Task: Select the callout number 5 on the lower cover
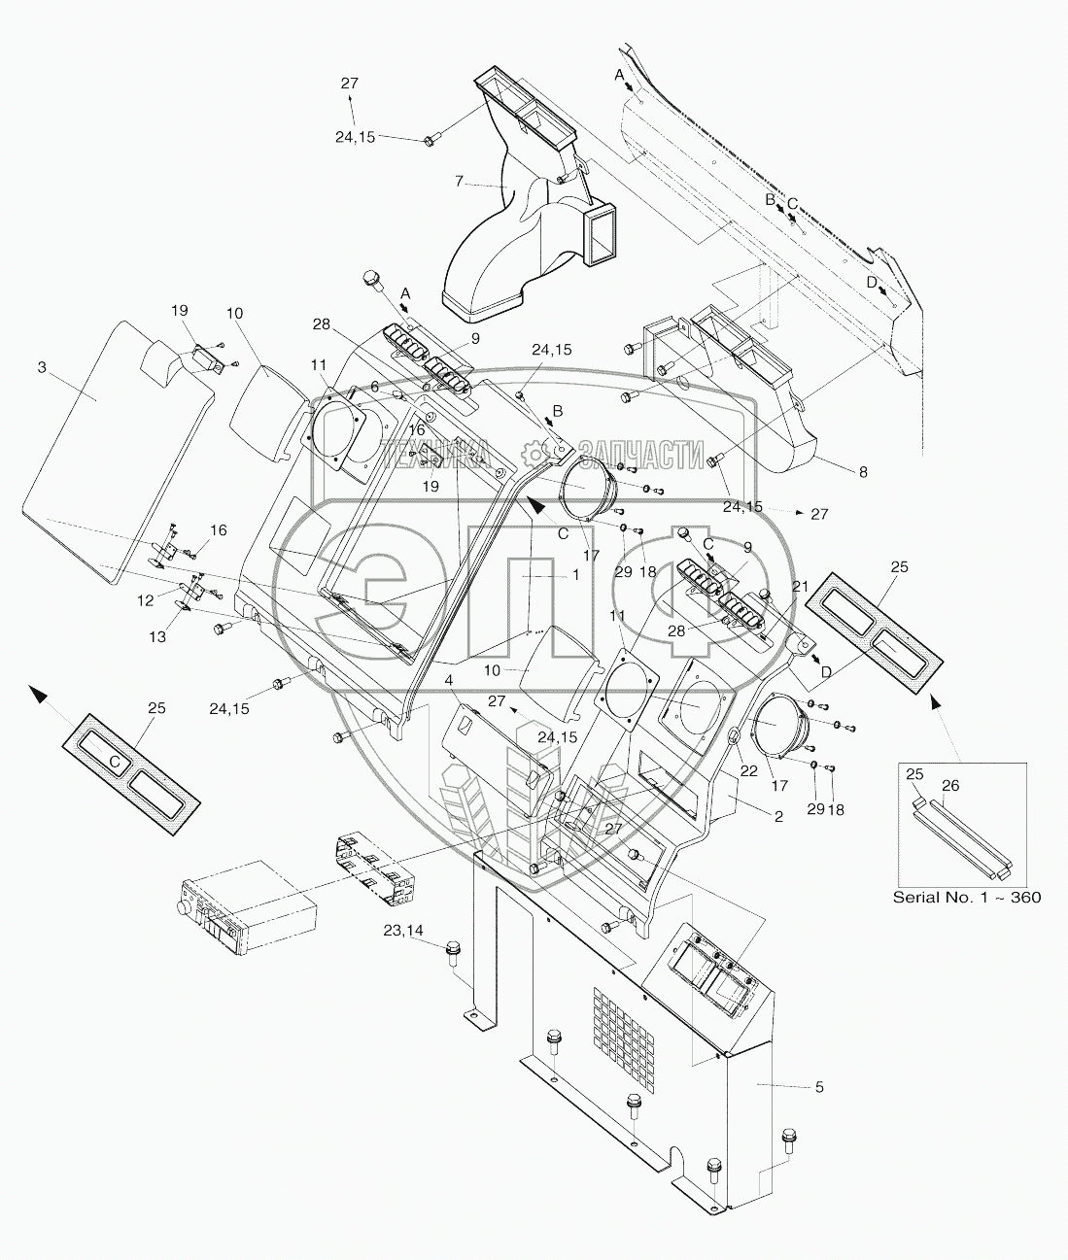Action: pos(819,1087)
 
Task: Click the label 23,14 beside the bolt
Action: pos(403,931)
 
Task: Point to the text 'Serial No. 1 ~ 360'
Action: pos(966,897)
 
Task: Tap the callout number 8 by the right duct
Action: pos(863,472)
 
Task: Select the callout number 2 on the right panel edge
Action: pos(778,817)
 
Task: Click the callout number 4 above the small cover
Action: pos(449,679)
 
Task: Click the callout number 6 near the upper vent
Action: pos(374,386)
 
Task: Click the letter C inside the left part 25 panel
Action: pos(115,763)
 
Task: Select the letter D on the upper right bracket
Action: pos(871,282)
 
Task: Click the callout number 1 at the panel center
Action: pos(575,575)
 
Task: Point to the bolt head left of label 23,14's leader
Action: pos(452,948)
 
